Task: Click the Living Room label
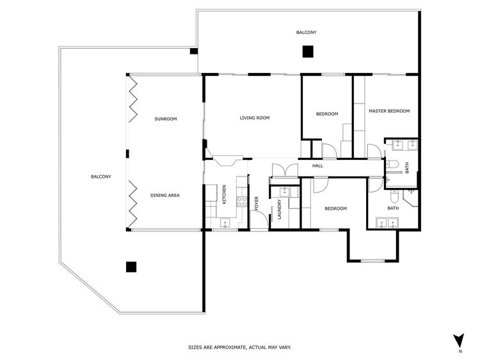254,118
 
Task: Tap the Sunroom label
166,119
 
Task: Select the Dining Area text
165,195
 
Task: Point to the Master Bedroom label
389,111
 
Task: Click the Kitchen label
224,194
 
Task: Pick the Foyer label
257,203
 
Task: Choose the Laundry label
279,210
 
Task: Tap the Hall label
317,166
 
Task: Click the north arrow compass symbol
459,340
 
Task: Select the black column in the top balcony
308,51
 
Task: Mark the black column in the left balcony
131,267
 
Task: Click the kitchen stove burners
242,201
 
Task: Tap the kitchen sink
225,223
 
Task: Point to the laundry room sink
285,192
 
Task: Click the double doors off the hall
285,170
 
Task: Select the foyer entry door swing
259,219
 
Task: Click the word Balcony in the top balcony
307,32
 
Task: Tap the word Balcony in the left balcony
101,176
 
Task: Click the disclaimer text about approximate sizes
240,347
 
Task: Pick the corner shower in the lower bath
410,198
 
